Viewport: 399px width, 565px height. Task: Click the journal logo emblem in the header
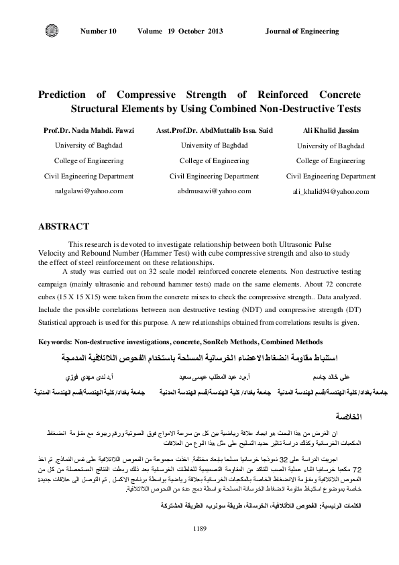(52, 31)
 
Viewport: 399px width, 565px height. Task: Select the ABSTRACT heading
(64, 227)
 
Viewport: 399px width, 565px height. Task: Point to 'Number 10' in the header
(98, 32)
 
